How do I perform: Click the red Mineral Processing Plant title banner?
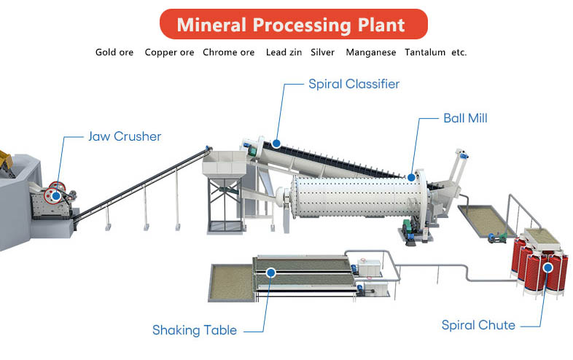coord(294,24)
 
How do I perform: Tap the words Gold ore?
coord(114,52)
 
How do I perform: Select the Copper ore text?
coord(169,52)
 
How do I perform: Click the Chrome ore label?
coord(228,52)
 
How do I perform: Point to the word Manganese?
coord(371,52)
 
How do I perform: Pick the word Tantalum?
coord(425,52)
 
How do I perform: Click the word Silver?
coord(322,52)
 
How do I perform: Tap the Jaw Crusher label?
coord(125,136)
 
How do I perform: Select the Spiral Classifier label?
coord(354,84)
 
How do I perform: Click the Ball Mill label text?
coord(465,118)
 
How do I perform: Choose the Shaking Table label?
coord(195,330)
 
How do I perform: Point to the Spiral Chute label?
coord(478,325)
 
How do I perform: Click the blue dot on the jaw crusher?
coord(56,196)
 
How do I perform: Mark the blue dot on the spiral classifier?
coord(276,144)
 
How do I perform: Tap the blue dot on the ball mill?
coord(411,178)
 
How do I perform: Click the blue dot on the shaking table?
coord(270,273)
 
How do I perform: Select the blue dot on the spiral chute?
coord(547,268)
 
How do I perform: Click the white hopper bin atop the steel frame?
coord(225,165)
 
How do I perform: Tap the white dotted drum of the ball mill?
coord(356,197)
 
